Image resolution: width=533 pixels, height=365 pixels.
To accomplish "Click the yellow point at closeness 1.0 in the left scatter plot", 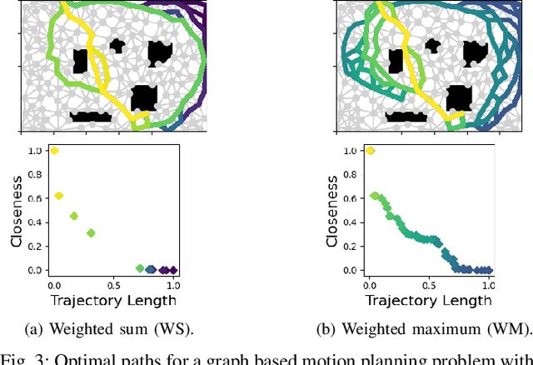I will (x=54, y=151).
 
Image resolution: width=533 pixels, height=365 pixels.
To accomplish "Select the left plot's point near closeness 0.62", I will (x=59, y=196).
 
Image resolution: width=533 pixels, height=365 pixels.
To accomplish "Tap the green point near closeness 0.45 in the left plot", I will (x=74, y=216).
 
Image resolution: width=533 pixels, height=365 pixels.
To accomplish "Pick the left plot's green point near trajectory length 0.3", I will (x=91, y=233).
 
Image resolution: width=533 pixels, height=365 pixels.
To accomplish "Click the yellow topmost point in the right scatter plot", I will (x=370, y=151).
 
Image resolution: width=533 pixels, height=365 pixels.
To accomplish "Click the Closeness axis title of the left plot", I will (x=16, y=211).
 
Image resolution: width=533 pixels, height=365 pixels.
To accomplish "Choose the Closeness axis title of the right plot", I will (x=331, y=211).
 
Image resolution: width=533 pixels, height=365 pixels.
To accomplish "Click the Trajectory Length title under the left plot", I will (x=113, y=300).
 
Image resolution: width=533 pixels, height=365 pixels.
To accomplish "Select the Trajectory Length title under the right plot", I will (x=429, y=300).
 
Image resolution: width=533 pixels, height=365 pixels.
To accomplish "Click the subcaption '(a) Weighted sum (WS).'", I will (x=113, y=328).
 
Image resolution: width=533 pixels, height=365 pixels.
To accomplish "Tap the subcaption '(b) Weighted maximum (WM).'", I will (x=429, y=328).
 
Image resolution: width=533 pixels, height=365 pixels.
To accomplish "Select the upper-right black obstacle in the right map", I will (x=475, y=53).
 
